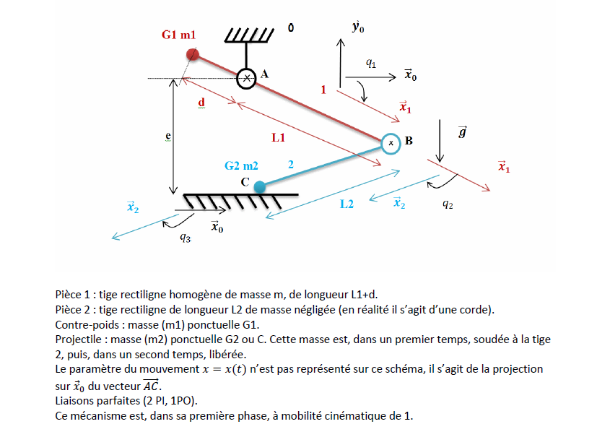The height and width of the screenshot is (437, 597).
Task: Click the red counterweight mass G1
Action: (192, 54)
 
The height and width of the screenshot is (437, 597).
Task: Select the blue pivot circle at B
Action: (391, 143)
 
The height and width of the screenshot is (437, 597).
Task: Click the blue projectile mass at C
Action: (260, 186)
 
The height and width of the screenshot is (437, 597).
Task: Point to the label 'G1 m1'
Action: (178, 35)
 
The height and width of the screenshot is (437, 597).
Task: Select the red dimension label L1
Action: (279, 136)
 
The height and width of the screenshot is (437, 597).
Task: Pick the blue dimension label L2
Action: (347, 204)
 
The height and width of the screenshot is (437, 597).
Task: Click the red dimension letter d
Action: (201, 103)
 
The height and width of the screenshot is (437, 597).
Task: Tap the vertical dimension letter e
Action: (167, 134)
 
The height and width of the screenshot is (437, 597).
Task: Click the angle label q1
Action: (370, 63)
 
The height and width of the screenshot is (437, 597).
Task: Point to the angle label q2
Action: (448, 204)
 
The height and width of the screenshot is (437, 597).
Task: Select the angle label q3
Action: (186, 238)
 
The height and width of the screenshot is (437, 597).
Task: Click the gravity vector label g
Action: (462, 132)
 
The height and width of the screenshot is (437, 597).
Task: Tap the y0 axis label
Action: (357, 27)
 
